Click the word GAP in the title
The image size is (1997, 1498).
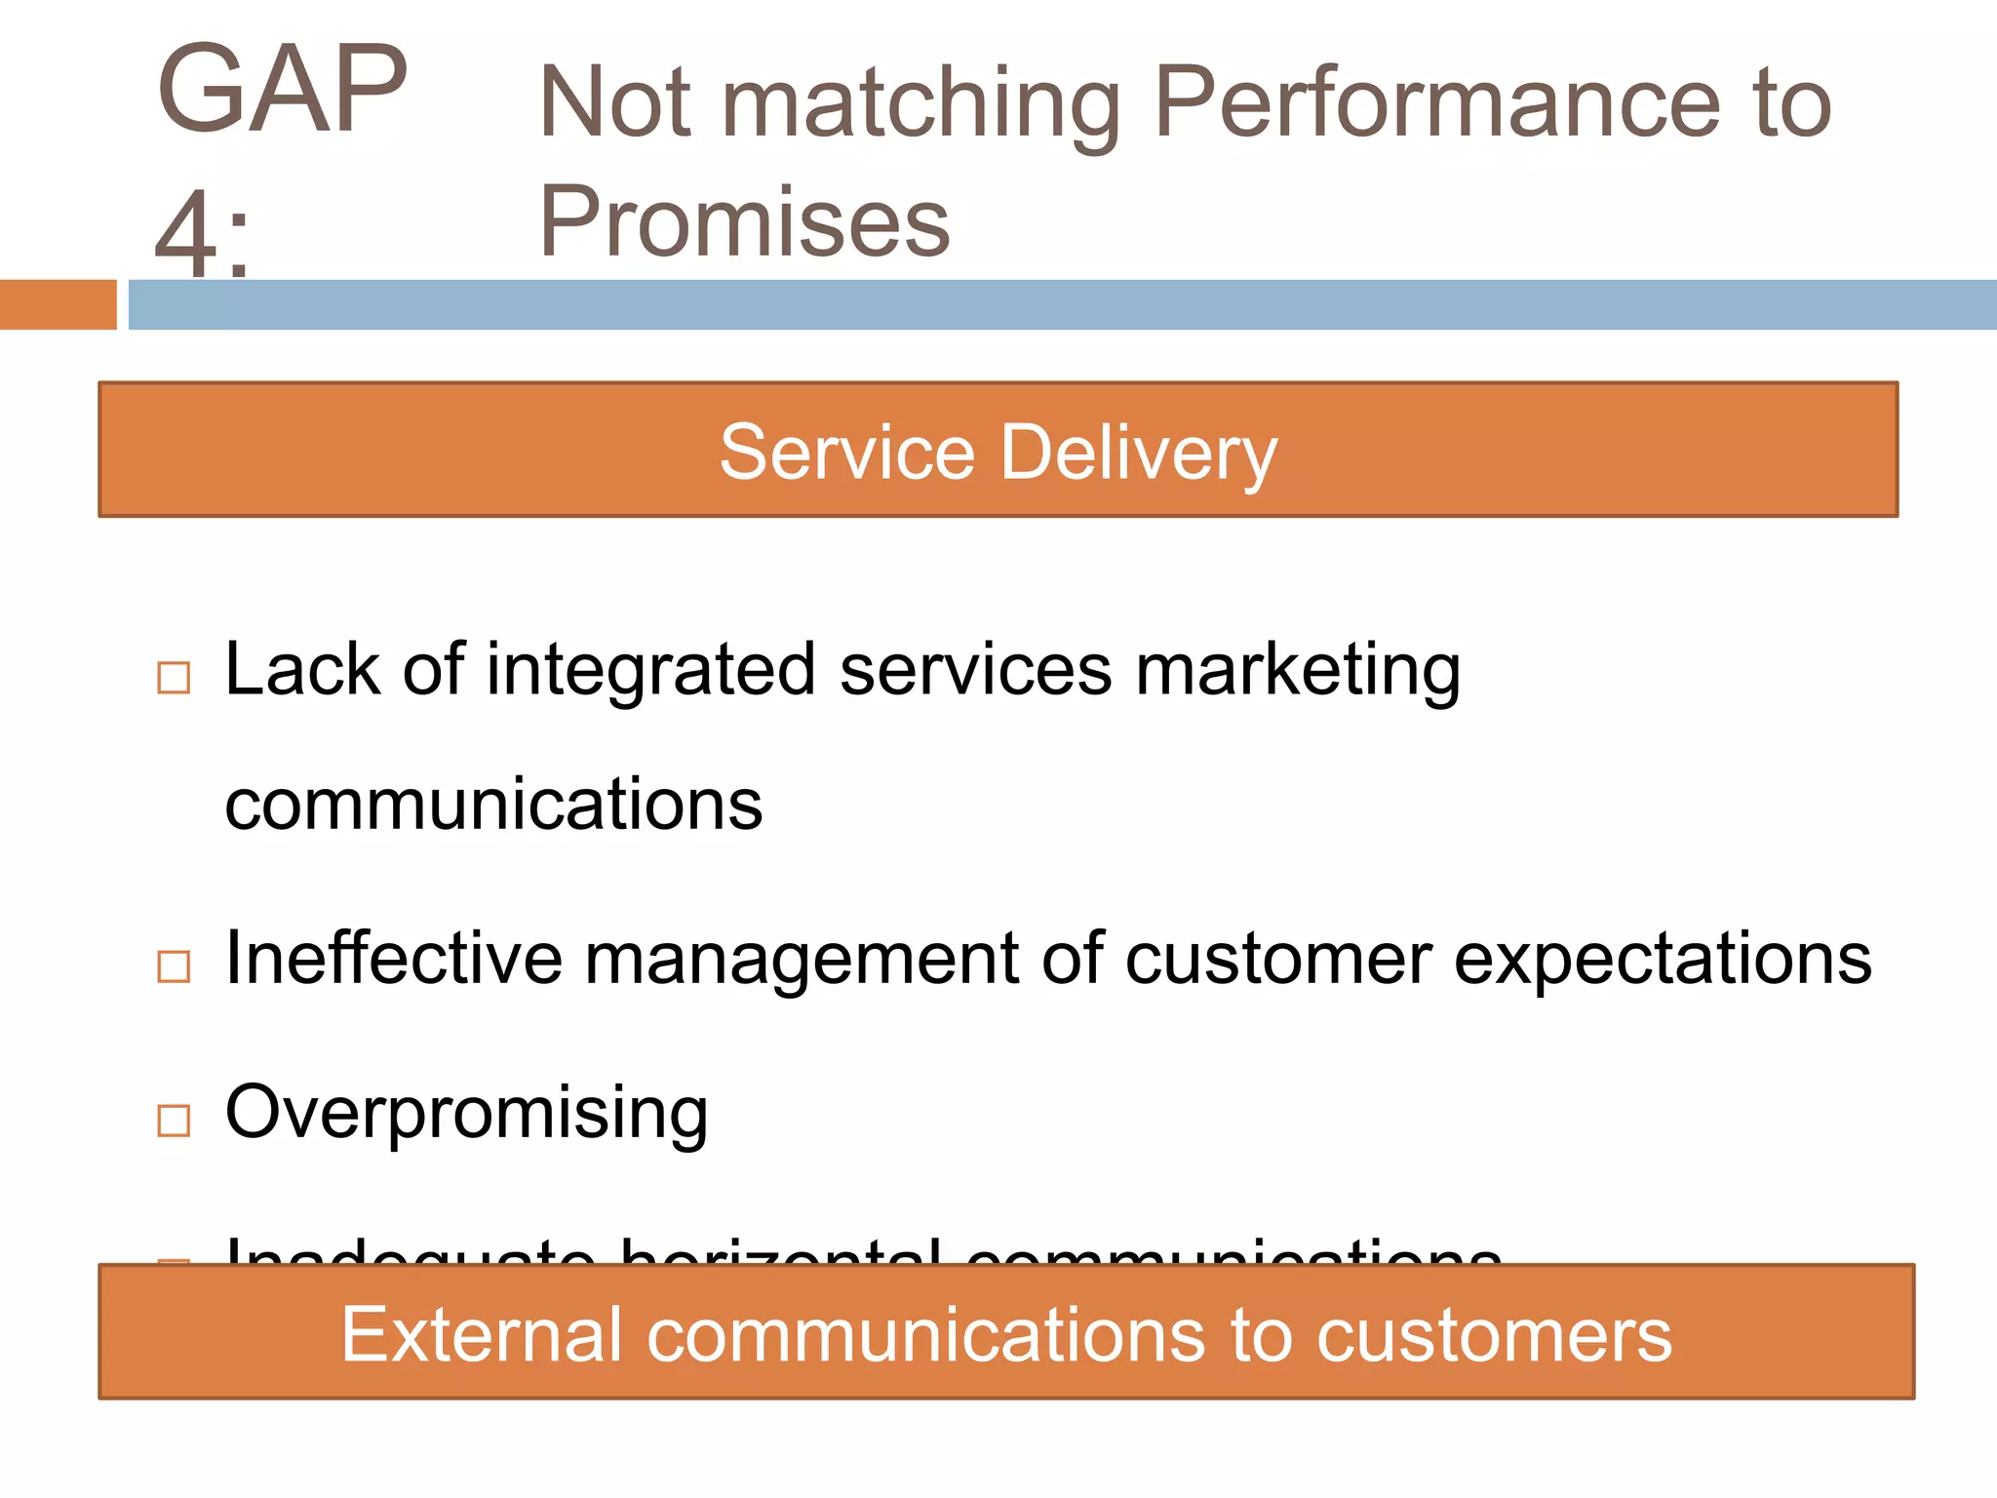pos(282,90)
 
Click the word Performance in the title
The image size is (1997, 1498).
pos(1437,103)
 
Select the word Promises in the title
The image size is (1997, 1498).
pos(744,222)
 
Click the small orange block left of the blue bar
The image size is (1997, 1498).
pos(58,304)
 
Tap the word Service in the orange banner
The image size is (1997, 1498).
pos(846,453)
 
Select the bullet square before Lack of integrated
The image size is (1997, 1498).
pos(174,677)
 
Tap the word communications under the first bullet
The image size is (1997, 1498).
pos(493,806)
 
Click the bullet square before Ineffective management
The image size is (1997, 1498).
pos(174,966)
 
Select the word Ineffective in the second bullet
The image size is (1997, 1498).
pos(394,958)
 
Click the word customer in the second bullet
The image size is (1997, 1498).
pos(1278,960)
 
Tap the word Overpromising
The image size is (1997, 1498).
pos(466,1113)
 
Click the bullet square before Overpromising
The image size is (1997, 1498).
pos(174,1121)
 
